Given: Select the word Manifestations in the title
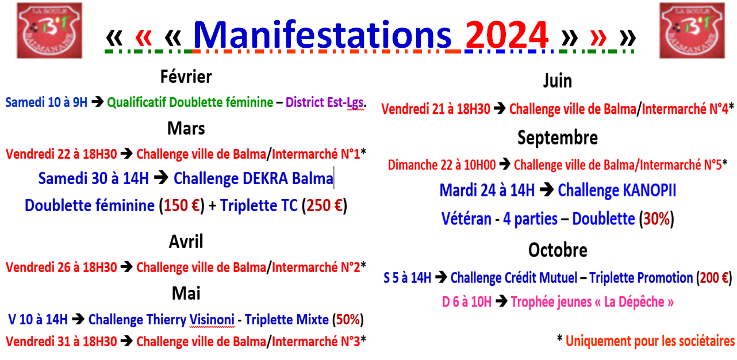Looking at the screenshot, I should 322,36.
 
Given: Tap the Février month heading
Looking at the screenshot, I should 186,76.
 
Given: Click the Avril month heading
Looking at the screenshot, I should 186,241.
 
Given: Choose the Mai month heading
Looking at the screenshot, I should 186,293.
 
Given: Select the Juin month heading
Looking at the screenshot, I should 557,81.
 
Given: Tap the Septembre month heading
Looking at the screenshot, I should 557,138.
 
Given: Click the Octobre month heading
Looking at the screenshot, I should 558,250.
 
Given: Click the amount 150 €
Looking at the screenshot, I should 181,205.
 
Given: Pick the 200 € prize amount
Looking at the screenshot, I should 714,278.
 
